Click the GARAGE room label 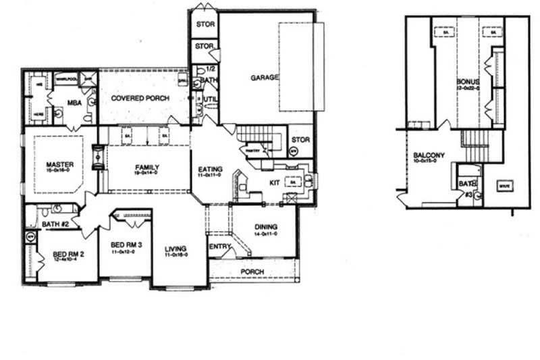point(265,78)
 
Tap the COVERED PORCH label point(140,98)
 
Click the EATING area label point(206,170)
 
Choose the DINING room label point(267,227)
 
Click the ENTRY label point(219,246)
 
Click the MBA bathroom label point(74,103)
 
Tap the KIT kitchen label point(275,182)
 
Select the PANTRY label point(254,151)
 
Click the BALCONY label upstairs point(429,156)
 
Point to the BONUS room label point(467,82)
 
